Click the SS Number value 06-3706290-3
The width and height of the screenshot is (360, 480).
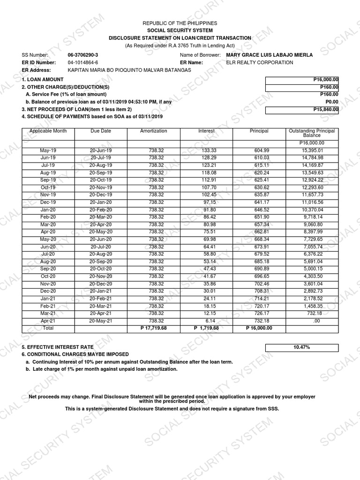tap(83, 55)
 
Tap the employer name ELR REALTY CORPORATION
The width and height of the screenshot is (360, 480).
tap(259, 62)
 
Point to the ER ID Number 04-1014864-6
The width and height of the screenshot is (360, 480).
tap(83, 62)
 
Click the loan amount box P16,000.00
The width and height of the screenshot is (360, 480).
tap(302, 80)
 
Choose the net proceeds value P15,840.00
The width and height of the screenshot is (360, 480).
tap(302, 110)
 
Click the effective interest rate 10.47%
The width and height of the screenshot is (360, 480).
tap(302, 347)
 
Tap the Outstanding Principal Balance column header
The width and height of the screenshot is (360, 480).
tap(312, 133)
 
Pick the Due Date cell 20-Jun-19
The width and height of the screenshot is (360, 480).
tap(101, 150)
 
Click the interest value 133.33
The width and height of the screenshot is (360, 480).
tap(206, 150)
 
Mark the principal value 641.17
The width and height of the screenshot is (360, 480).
tap(259, 202)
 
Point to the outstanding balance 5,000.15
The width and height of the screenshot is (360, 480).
tap(312, 269)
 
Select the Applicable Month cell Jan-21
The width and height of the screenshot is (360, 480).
tap(48, 299)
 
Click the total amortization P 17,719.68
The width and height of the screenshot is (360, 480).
tap(153, 329)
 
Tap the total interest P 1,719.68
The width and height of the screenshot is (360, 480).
tap(206, 329)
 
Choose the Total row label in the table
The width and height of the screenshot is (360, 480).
tap(48, 329)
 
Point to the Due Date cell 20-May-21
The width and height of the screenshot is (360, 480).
tap(101, 321)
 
